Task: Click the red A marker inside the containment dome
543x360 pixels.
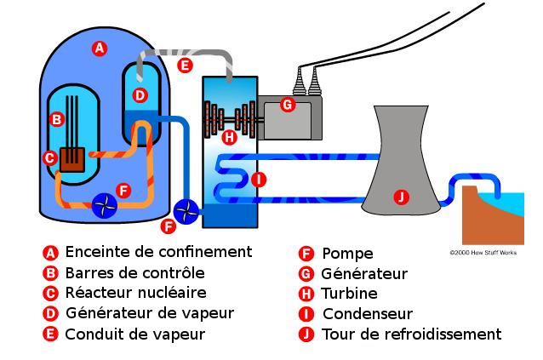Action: tap(100, 49)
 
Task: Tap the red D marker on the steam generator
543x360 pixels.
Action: tap(140, 94)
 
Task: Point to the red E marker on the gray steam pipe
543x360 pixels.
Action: tap(185, 65)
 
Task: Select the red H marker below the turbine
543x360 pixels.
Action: tap(228, 136)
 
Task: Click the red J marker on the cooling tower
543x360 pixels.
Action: tap(402, 197)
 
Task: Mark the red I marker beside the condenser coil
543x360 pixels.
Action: tap(260, 180)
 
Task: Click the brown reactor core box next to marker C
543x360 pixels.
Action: tap(72, 158)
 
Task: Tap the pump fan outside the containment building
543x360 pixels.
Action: tap(185, 209)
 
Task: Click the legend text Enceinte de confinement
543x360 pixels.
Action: tap(158, 252)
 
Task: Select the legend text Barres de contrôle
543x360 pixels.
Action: tap(134, 273)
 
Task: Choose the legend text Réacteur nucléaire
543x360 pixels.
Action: tap(135, 294)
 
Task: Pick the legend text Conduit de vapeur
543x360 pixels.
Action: tap(134, 334)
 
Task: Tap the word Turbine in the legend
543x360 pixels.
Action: tap(350, 294)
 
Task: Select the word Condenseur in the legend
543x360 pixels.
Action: tap(367, 314)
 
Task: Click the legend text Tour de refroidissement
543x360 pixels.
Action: tap(411, 334)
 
